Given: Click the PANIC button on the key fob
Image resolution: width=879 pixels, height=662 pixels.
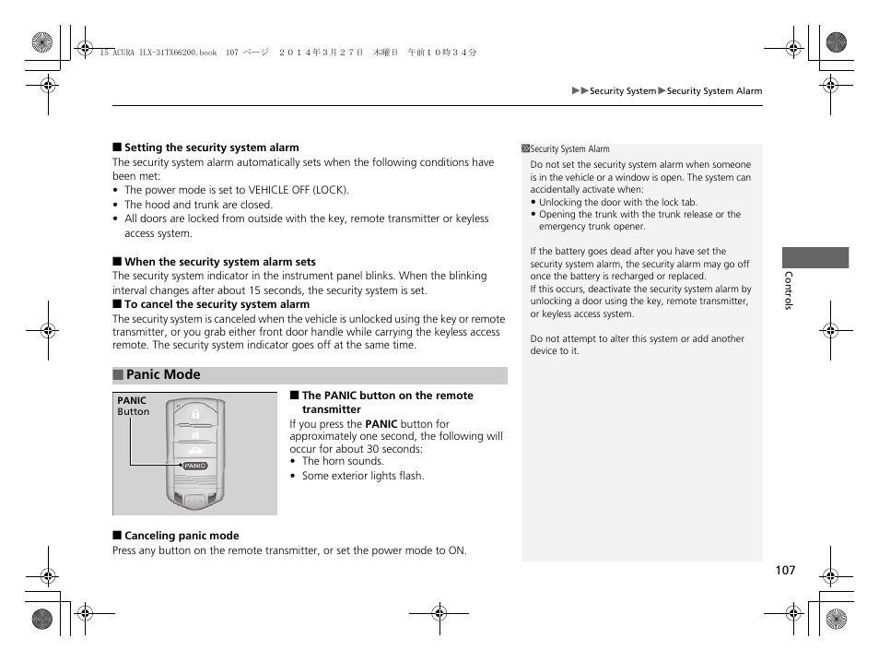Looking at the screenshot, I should (x=195, y=466).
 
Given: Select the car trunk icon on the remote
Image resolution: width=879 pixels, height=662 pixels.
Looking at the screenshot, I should (x=195, y=451).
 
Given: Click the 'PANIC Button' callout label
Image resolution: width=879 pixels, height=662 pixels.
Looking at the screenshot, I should (x=133, y=407).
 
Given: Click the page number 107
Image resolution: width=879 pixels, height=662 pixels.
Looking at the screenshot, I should (x=784, y=571).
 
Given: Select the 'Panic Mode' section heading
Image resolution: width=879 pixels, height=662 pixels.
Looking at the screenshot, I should (x=162, y=374).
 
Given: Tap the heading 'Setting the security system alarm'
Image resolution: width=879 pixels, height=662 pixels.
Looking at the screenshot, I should (x=211, y=148).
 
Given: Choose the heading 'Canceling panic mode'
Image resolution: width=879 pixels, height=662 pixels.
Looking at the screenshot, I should (x=181, y=536).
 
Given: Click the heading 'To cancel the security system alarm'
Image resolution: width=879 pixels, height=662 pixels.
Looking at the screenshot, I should (x=217, y=304).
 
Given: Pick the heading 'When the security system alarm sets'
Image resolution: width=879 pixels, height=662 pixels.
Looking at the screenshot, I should (x=219, y=262).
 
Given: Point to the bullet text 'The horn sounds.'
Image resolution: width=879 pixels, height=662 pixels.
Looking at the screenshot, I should (x=343, y=461).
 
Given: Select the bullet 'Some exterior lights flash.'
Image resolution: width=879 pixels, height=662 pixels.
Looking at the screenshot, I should (x=363, y=476).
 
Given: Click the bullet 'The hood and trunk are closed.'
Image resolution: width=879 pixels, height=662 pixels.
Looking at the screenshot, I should (x=198, y=205).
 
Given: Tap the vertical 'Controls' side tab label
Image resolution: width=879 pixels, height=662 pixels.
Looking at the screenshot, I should (x=788, y=290).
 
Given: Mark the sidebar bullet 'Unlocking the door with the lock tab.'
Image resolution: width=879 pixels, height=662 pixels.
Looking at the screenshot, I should (x=617, y=202).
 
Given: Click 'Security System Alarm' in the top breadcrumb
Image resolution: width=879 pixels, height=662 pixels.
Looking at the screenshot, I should (x=714, y=91).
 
